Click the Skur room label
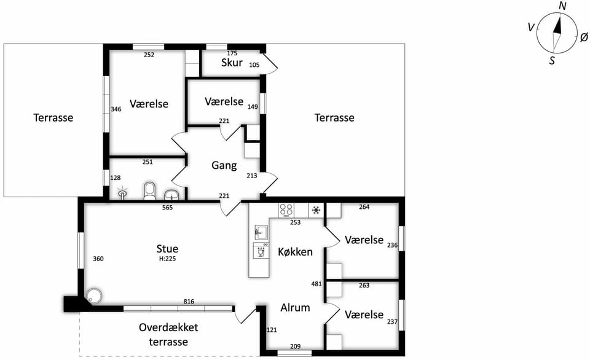(x=232, y=63)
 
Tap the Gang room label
(x=224, y=165)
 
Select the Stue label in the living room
(x=167, y=249)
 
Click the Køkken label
(x=296, y=252)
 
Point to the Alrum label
(x=296, y=308)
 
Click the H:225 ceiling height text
(x=167, y=259)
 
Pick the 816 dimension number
(x=189, y=301)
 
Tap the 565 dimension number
(x=167, y=207)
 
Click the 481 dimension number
(x=317, y=284)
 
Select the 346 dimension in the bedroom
(x=116, y=109)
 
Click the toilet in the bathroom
(x=149, y=191)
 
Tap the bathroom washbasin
(x=172, y=195)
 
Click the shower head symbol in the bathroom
(x=122, y=193)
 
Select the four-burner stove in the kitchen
(x=286, y=210)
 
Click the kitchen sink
(x=261, y=232)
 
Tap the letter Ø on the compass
(x=584, y=37)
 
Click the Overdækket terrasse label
(x=168, y=334)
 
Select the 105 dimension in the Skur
(x=254, y=65)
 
